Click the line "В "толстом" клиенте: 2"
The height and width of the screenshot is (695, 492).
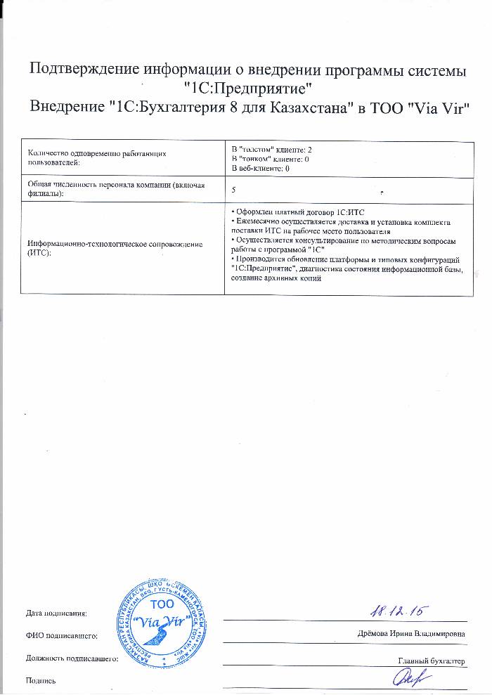(271, 150)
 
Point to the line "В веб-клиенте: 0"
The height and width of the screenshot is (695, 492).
(261, 169)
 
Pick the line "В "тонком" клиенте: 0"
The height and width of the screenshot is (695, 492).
(270, 160)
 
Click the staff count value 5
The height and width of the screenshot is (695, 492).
(233, 190)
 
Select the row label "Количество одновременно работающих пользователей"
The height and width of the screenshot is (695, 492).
(96, 157)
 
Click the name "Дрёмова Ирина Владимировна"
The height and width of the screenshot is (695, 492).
(411, 635)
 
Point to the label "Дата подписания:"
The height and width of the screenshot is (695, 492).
(56, 613)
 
